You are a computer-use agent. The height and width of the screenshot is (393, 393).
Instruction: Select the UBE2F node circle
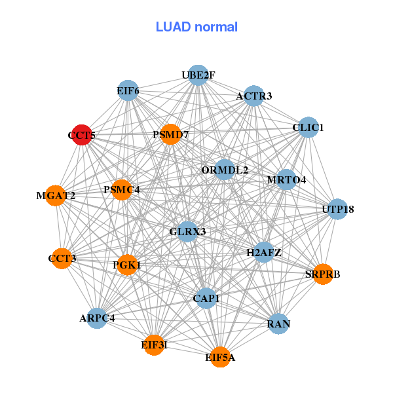click(x=198, y=75)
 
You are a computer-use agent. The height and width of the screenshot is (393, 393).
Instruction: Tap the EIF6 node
click(x=128, y=90)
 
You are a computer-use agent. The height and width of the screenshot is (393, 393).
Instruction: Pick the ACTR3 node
click(x=253, y=96)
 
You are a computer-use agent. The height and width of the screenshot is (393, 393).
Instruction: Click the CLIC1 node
click(x=308, y=127)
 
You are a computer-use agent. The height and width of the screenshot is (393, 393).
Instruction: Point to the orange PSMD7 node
click(x=170, y=134)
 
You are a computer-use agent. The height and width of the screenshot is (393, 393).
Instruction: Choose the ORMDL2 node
click(x=225, y=170)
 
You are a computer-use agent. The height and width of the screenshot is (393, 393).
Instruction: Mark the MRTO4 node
click(x=286, y=179)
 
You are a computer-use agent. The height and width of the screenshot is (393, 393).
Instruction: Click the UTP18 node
click(x=337, y=209)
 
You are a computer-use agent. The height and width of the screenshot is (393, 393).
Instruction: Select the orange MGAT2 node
click(x=56, y=195)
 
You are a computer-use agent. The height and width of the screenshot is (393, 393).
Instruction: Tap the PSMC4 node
click(x=122, y=190)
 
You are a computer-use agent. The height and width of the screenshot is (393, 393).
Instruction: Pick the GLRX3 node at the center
click(x=187, y=231)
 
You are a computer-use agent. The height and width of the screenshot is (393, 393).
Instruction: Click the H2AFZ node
click(x=263, y=252)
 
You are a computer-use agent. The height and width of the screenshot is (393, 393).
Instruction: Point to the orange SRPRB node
click(x=322, y=274)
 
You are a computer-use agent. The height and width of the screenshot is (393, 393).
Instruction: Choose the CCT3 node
click(x=62, y=258)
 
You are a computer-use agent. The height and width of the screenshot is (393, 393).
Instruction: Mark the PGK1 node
click(x=127, y=265)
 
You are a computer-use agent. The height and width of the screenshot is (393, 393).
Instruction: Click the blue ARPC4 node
click(x=97, y=318)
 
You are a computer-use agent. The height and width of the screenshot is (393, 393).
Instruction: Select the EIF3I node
click(x=154, y=345)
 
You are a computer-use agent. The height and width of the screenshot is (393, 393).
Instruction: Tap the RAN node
click(x=279, y=324)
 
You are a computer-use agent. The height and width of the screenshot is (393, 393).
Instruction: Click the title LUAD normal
click(x=196, y=27)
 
